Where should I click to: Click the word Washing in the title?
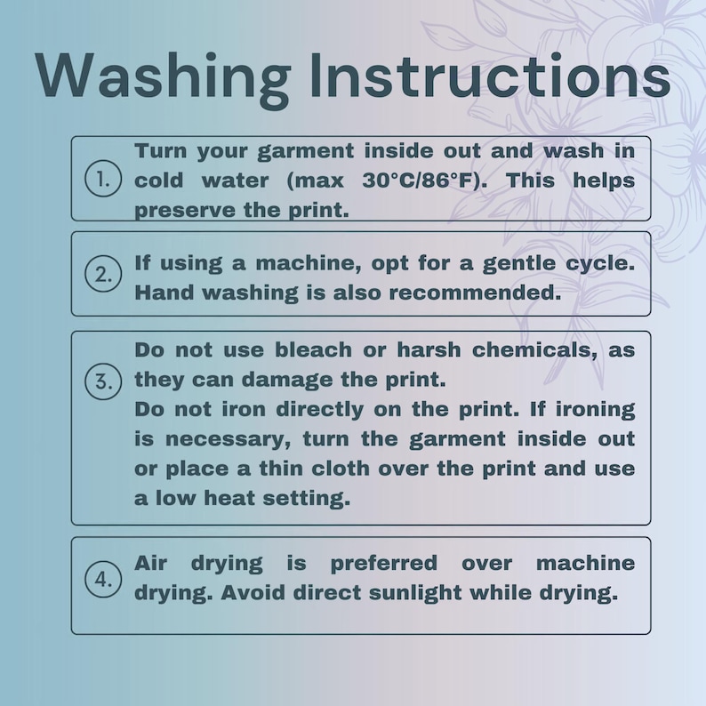163,76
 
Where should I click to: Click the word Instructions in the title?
490,76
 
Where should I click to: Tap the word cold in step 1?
158,181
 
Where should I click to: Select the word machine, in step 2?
309,263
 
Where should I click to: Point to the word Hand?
163,293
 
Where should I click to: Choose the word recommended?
475,293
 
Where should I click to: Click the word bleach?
313,349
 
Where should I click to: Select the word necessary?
228,439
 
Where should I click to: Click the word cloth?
341,469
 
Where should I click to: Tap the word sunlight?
415,593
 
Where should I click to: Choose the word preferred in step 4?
383,564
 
